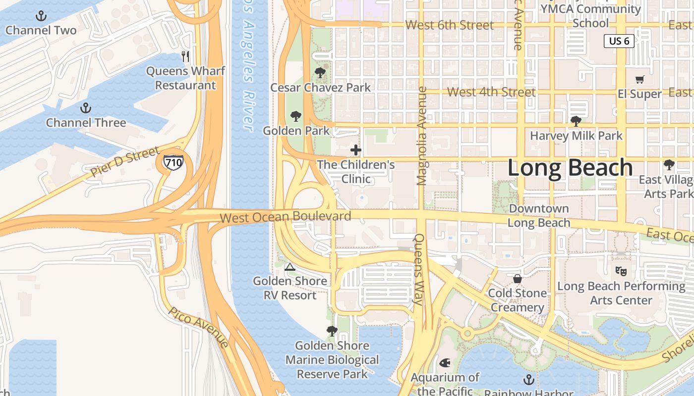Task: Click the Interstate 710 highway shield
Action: [x=173, y=162]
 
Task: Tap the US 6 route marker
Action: [x=619, y=41]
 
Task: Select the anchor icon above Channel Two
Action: [x=41, y=16]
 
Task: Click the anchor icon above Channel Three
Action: [x=86, y=107]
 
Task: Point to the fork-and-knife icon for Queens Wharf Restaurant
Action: [x=185, y=56]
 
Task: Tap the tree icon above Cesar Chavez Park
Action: [x=320, y=73]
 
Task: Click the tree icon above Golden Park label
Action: [x=296, y=116]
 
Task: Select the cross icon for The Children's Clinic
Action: [x=355, y=149]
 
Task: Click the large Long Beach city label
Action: [x=570, y=168]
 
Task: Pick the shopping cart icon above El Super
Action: [x=640, y=79]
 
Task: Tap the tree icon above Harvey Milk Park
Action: [x=576, y=121]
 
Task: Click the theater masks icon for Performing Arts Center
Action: [x=621, y=271]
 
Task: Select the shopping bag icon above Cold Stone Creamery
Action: [x=518, y=279]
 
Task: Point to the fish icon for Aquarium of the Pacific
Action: [x=445, y=363]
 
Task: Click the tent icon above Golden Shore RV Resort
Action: [x=290, y=267]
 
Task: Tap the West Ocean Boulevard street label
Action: [x=285, y=217]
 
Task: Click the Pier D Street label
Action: [x=125, y=161]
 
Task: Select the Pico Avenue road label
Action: [x=198, y=327]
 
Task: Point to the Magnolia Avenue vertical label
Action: [x=422, y=136]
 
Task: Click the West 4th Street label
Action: [x=491, y=92]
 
